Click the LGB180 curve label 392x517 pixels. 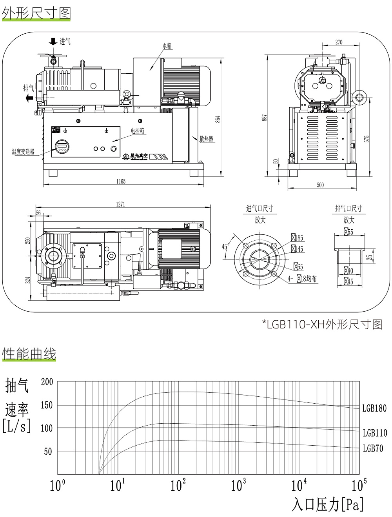(x=374, y=408)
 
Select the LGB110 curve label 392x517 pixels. (x=375, y=433)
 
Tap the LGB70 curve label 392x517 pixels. (x=373, y=448)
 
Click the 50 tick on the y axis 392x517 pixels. (x=48, y=452)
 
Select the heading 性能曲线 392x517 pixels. (x=29, y=354)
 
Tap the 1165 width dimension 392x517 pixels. (x=121, y=181)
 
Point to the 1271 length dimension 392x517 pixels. (x=120, y=204)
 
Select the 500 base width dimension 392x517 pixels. (x=320, y=185)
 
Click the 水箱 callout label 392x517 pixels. (x=167, y=45)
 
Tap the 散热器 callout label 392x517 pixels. (x=206, y=139)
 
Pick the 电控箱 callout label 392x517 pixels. (x=138, y=131)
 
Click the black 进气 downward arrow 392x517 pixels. (x=53, y=41)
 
